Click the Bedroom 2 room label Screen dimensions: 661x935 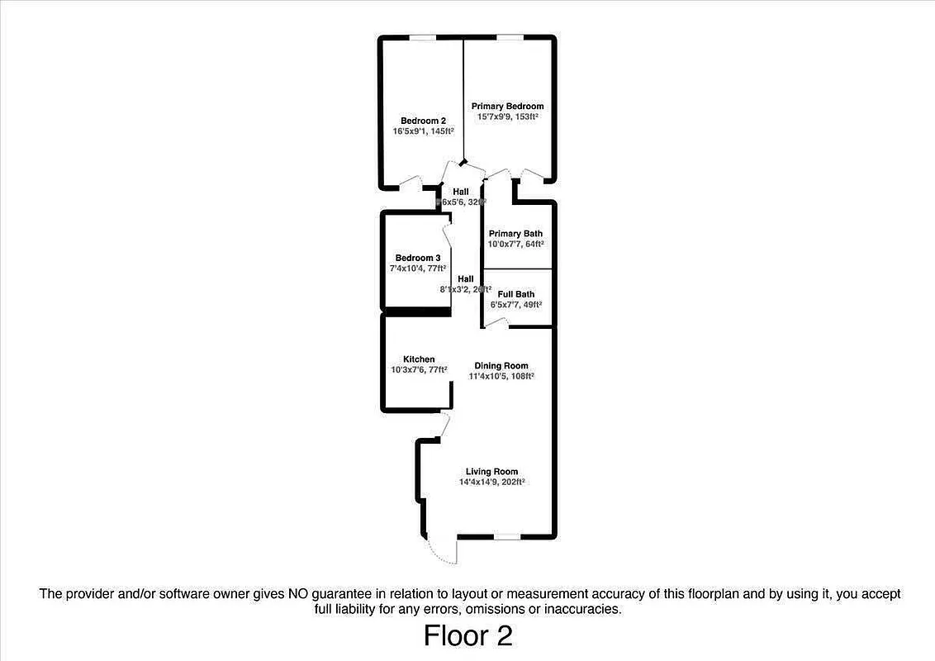tap(424, 121)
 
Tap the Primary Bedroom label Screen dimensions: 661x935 tap(507, 107)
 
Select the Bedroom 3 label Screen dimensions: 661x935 tap(417, 258)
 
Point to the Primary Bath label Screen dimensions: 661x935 tap(515, 234)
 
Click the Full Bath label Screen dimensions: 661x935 tap(515, 294)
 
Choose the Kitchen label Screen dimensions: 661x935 tap(419, 359)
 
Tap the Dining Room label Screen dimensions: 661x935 tap(501, 366)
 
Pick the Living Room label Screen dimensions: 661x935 tap(491, 472)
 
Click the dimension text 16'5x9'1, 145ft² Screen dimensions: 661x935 tap(424, 132)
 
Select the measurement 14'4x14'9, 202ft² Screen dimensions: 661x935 tap(492, 483)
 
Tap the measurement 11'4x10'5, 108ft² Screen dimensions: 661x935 tap(501, 377)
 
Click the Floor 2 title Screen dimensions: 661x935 tap(467, 635)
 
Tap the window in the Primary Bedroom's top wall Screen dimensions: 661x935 tap(508, 37)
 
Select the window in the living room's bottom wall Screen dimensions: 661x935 tap(507, 537)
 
